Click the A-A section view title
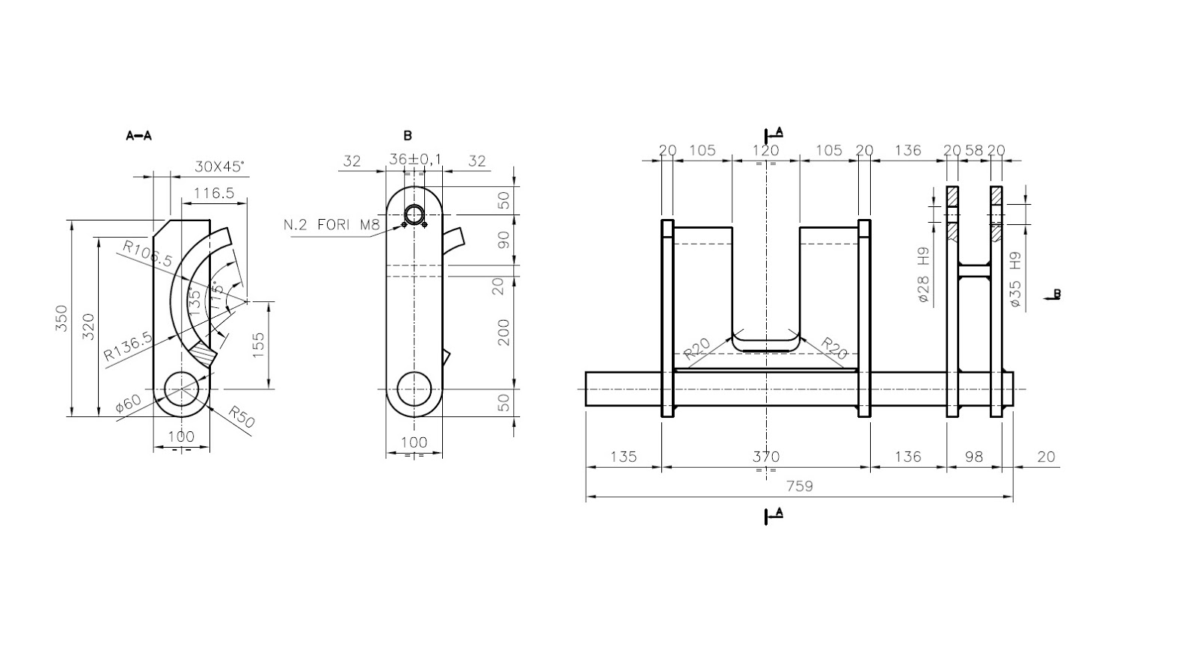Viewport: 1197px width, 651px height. click(138, 136)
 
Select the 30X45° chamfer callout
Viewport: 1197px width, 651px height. click(219, 166)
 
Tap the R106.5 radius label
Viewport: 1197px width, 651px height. click(147, 254)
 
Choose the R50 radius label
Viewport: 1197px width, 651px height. click(241, 417)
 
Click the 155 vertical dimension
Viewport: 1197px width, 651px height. click(258, 345)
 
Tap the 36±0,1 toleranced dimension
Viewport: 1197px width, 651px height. click(415, 160)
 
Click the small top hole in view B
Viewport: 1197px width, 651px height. click(414, 215)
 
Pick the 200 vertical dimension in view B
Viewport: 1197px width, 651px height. click(504, 332)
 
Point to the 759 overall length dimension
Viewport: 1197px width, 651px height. click(799, 486)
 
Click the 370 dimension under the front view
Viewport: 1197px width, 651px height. click(765, 456)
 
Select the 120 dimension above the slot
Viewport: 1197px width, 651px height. click(765, 150)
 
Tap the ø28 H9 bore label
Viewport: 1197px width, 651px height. click(923, 278)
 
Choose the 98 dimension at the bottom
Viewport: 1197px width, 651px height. click(973, 456)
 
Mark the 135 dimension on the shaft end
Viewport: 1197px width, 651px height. click(623, 456)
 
